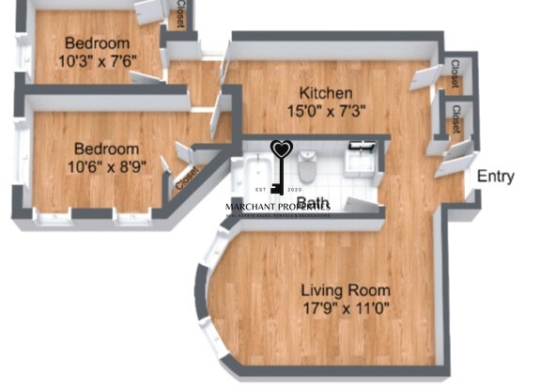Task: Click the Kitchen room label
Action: click(x=326, y=93)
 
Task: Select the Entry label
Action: click(x=495, y=177)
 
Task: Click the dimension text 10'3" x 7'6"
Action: click(x=97, y=62)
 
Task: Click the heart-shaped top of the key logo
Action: click(x=282, y=149)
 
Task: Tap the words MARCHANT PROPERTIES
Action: click(x=278, y=207)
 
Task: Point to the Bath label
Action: click(x=313, y=202)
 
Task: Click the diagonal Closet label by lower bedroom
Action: click(x=186, y=177)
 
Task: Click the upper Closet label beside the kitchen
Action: click(x=455, y=74)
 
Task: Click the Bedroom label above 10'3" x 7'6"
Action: click(x=97, y=43)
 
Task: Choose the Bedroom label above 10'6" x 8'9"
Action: click(x=106, y=149)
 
